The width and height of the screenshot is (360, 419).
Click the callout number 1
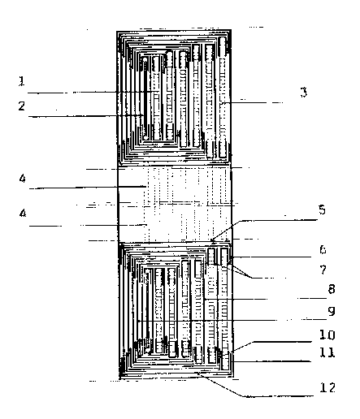[x=22, y=81]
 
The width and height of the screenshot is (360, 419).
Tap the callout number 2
[x=22, y=106]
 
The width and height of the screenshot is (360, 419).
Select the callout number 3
[x=304, y=93]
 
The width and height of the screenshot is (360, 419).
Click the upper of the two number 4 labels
[x=23, y=179]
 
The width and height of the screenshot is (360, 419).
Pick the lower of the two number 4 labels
[x=23, y=214]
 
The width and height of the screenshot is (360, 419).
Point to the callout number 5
[x=322, y=209]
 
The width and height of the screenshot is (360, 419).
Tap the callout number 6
[x=323, y=249]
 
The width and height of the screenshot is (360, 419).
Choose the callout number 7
[x=323, y=270]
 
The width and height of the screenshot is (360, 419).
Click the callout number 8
[x=332, y=289]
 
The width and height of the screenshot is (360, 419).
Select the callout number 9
[x=332, y=311]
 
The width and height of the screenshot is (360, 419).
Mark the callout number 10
[x=327, y=335]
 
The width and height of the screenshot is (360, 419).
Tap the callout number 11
[x=327, y=352]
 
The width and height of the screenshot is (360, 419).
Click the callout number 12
[x=327, y=387]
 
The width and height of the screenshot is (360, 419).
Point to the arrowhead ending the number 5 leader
[x=212, y=240]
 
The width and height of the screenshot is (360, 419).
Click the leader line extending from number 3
[x=251, y=102]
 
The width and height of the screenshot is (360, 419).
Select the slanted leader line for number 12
[x=222, y=385]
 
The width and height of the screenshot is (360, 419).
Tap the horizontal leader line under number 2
[x=86, y=116]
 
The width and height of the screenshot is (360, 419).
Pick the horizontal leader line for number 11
[x=271, y=361]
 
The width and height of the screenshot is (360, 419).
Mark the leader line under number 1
[x=93, y=93]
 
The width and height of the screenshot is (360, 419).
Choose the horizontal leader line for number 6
[x=271, y=257]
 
